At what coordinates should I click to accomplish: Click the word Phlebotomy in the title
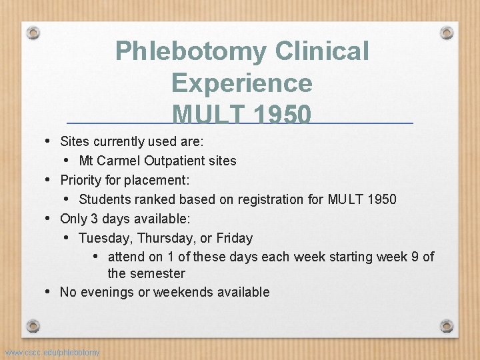point(185,51)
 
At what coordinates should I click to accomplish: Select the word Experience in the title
point(241,83)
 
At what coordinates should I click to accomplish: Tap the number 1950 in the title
point(275,115)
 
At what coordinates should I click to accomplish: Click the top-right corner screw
point(447,31)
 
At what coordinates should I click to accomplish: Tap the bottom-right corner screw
point(447,327)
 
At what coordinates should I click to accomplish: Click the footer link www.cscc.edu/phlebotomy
point(52,352)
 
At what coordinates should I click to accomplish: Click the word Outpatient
point(178,161)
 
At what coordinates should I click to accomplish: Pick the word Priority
point(83,180)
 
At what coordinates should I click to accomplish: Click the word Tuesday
point(103,238)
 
